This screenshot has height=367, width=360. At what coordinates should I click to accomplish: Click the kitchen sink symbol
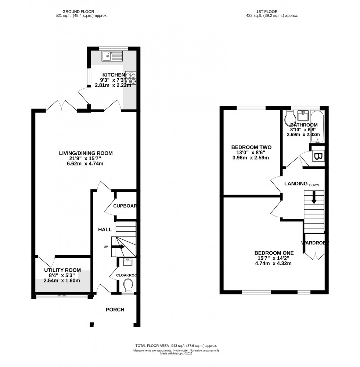112,56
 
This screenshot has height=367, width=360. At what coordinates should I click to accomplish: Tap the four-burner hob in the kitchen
130,78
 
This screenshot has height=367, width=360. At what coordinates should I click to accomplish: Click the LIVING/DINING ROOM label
86,153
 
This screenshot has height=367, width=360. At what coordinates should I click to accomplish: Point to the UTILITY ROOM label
60,270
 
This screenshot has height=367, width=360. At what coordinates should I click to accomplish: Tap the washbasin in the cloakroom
128,262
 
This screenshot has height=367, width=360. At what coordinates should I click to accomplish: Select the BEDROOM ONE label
274,253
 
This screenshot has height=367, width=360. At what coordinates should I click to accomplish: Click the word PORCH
115,310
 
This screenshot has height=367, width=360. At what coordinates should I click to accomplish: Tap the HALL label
105,229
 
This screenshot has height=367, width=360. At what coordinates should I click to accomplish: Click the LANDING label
296,183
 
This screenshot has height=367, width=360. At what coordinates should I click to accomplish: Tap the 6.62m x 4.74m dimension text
86,164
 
